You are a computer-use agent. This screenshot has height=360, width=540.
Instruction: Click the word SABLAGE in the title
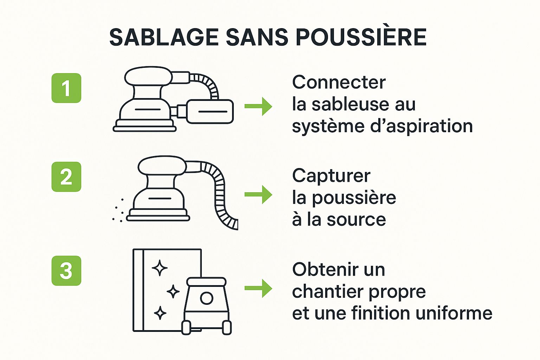coord(163,37)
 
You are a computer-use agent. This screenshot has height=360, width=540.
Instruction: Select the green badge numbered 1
coord(66,88)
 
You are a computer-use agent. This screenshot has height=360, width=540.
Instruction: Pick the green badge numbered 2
coord(66,177)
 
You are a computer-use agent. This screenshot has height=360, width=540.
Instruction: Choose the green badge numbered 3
coord(66,271)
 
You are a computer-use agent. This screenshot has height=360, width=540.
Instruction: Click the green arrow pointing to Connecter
coord(258,106)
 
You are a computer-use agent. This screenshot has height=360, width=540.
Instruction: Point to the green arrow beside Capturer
coord(258,194)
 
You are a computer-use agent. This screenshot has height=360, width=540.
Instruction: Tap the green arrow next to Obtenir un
coord(258,288)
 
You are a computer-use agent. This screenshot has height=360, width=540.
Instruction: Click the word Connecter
coord(339,83)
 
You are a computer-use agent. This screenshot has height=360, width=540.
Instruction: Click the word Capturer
coord(331,176)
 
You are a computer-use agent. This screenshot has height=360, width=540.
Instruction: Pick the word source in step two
coord(356,220)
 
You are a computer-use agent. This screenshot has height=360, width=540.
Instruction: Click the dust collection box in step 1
coord(210,111)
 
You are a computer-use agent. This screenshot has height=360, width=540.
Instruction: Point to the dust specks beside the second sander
coord(118,211)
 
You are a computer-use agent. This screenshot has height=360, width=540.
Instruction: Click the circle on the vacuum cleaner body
coord(206,298)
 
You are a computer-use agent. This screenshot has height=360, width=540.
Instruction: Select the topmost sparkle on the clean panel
coord(160,268)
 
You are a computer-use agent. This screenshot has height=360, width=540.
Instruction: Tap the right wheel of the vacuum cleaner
coord(227,328)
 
